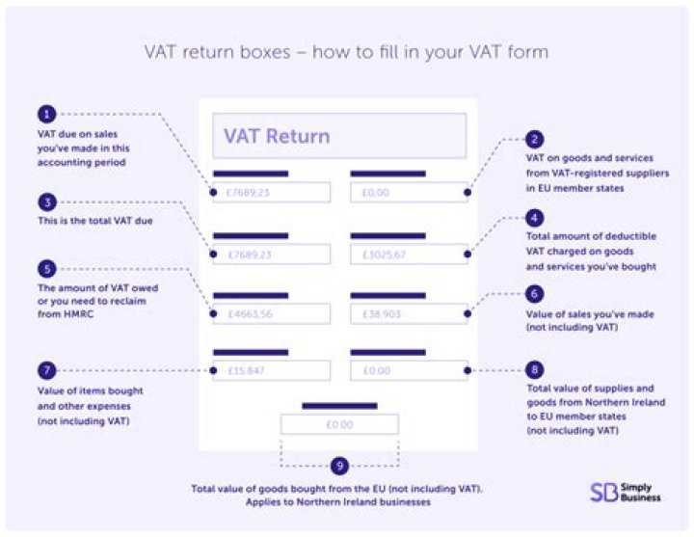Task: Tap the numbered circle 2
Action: (536, 139)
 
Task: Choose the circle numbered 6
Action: (536, 293)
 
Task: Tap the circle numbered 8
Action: (536, 369)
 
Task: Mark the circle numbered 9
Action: (339, 466)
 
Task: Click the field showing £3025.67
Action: (409, 255)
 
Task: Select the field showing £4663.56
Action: (272, 314)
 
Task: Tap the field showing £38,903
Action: (409, 314)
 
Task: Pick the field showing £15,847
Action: (272, 370)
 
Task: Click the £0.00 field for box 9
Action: (339, 424)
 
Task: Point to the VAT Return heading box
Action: (339, 136)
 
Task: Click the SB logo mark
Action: (602, 492)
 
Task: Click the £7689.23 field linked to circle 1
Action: (272, 192)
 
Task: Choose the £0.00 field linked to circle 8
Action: (409, 370)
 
